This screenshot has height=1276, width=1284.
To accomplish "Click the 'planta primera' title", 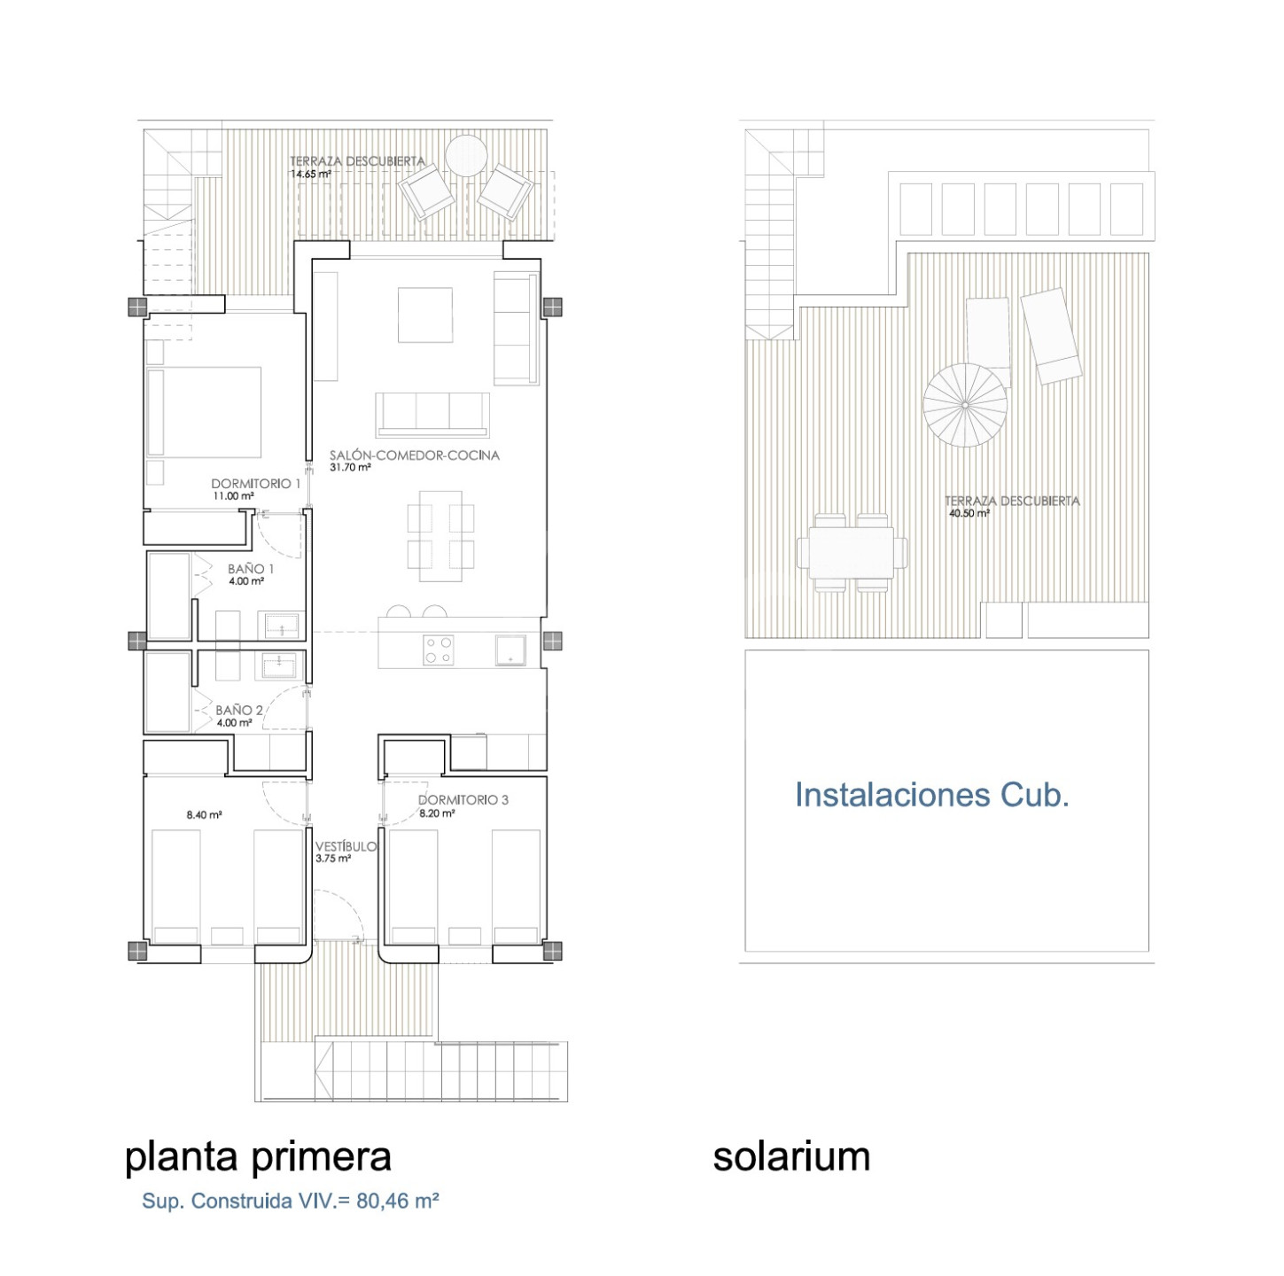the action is pos(258,1158).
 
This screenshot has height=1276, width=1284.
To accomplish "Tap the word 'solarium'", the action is pos(791,1156).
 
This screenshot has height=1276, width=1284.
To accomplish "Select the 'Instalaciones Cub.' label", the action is pos(931,794).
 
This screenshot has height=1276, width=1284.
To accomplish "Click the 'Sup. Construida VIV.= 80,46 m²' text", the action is pos(291,1202).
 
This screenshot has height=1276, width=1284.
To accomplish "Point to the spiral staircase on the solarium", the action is pos(964,404).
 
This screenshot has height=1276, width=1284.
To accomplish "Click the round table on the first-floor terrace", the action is pos(466,154).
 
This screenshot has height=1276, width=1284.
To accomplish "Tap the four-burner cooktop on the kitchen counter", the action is pos(438,650).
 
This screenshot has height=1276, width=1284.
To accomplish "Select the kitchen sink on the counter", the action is pos(510,650).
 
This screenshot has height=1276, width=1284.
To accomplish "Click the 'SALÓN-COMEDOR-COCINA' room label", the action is pos(414,455).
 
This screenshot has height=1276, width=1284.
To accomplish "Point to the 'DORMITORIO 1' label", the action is pos(256,484).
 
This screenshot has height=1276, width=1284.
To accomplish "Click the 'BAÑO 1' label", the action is pos(251,569).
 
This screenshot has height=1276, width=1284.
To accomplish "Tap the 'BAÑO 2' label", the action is pos(238,711).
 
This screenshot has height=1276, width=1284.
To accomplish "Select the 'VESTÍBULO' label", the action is pos(346,846).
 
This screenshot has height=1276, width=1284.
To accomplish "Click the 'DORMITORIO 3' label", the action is pos(463,799).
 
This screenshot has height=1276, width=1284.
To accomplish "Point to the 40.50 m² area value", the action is pos(969,514).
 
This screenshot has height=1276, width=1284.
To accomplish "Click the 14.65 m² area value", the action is pos(310,174).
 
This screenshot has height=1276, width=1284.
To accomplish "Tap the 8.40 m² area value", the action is pos(204,814).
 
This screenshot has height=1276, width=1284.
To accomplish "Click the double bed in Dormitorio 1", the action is pos(204,412).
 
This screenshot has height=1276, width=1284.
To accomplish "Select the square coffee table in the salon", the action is pos(425,315).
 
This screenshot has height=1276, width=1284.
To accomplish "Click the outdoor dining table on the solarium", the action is pos(852,553).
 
